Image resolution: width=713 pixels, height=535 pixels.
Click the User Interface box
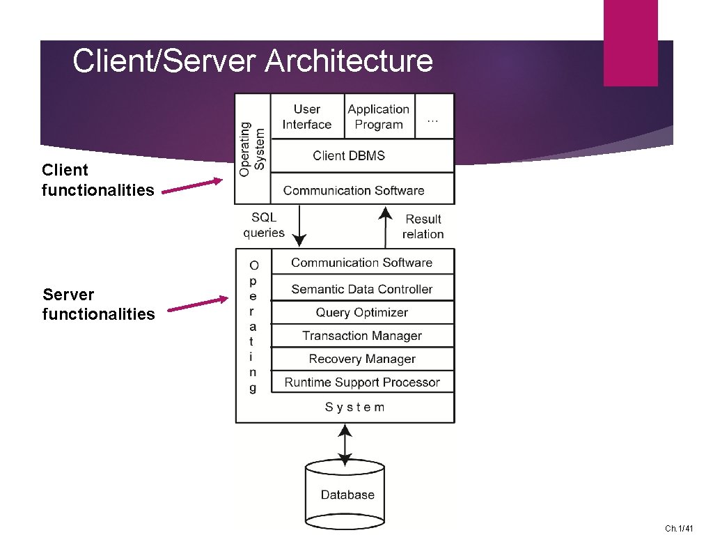tap(306, 117)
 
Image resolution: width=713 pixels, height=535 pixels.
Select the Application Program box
tap(379, 117)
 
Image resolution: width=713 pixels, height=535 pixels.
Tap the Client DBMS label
tap(349, 155)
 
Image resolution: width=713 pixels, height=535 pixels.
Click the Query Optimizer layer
tap(361, 312)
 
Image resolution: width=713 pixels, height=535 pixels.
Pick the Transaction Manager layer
tap(361, 336)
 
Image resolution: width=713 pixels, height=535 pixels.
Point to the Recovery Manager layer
tap(361, 359)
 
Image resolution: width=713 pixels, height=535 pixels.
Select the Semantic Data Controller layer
tap(361, 289)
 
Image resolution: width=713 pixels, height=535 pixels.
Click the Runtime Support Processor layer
tap(361, 382)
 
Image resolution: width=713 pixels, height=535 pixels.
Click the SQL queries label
tap(264, 225)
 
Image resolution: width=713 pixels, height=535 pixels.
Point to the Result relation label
tap(423, 226)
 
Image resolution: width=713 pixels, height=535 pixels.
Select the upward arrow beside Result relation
tap(386, 226)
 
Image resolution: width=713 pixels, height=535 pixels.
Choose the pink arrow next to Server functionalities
tap(198, 305)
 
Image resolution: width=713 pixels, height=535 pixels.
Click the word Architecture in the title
tap(349, 61)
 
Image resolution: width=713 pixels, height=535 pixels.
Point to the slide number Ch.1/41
tap(679, 529)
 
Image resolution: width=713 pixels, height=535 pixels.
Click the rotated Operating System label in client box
tap(252, 148)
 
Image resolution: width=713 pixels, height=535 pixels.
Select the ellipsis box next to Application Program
tap(433, 117)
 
